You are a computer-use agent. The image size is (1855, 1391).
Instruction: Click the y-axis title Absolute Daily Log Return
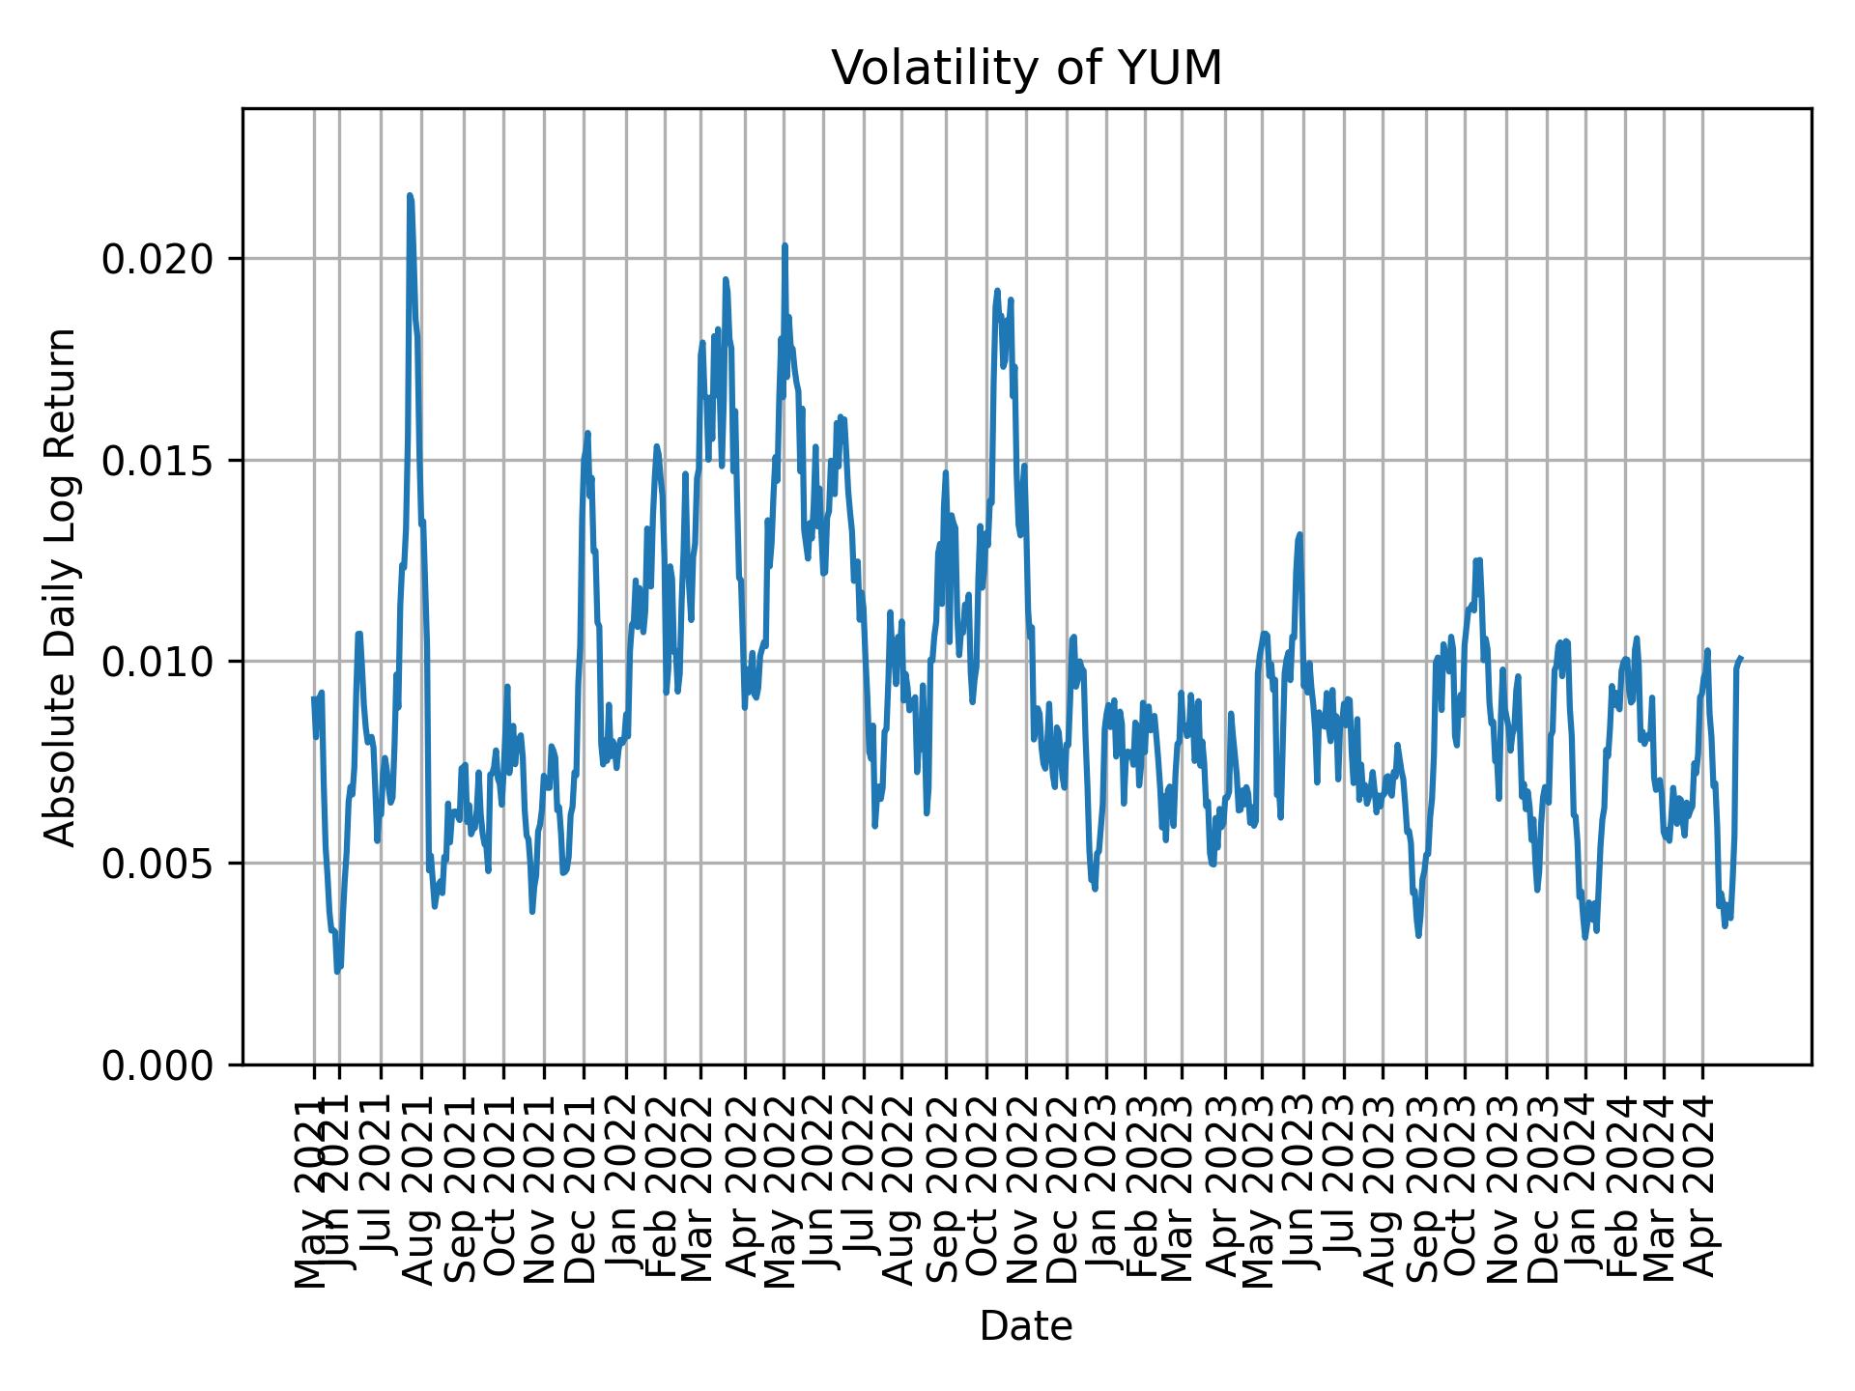62,586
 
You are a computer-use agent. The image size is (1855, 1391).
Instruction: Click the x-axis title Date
1026,1326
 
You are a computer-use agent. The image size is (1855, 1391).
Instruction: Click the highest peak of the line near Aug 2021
410,195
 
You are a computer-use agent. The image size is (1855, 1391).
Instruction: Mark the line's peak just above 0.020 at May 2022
785,245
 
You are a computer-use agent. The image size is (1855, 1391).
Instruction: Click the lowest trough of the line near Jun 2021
337,971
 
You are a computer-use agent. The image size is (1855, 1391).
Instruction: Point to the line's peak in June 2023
1300,534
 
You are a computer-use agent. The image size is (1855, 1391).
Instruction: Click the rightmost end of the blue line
1741,658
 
